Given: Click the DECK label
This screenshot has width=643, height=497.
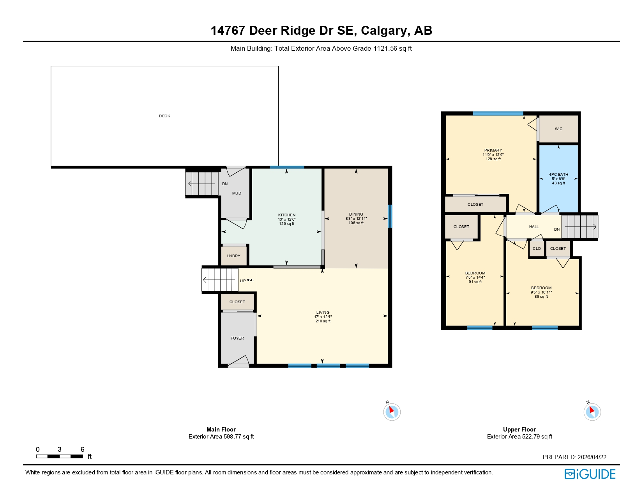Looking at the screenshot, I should [x=164, y=116].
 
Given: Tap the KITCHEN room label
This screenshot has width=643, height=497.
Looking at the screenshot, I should [x=287, y=215].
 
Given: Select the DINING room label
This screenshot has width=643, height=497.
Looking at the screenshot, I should [x=356, y=214].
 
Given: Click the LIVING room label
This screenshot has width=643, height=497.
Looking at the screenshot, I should [x=323, y=313].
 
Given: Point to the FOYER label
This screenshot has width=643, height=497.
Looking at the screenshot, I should [x=237, y=338].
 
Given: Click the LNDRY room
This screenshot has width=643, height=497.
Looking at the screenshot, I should [x=234, y=256].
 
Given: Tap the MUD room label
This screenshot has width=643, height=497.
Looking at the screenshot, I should [x=237, y=193].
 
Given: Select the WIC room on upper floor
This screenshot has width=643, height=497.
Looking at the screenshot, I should [x=558, y=129].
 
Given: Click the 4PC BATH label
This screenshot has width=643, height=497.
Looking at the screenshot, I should [x=558, y=175].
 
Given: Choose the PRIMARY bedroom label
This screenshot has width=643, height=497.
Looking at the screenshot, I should [x=493, y=150].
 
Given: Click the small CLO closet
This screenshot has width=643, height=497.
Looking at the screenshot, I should [x=537, y=249].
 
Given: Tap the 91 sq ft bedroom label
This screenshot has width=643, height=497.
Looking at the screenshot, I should [x=475, y=273].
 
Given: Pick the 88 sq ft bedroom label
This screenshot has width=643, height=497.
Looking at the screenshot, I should [x=541, y=288].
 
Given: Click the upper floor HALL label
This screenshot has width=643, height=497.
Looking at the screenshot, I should [x=534, y=227].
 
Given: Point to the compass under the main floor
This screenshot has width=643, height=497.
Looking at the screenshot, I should [x=392, y=412].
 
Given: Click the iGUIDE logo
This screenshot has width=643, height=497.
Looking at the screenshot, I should [x=590, y=474].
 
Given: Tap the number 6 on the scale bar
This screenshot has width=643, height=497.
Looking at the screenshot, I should [x=82, y=449].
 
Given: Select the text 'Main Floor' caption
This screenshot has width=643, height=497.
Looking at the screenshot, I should [x=221, y=430].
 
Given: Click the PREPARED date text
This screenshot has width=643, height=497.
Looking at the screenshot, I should [x=574, y=457].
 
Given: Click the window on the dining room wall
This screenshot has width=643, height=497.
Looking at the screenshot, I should [x=390, y=216].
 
